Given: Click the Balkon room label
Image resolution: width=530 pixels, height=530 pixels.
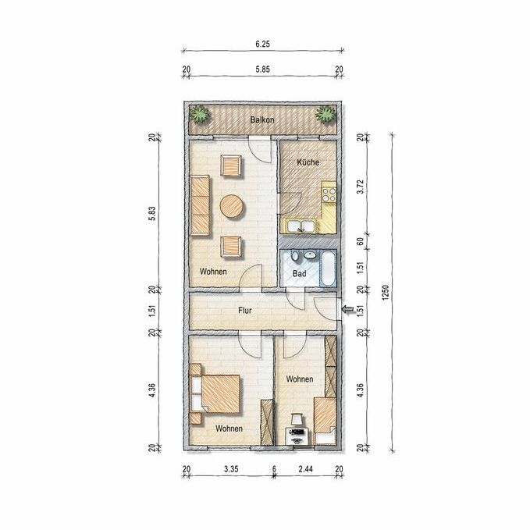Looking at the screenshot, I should point(261,120).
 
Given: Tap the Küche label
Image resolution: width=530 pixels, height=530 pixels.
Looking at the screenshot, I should point(307,162).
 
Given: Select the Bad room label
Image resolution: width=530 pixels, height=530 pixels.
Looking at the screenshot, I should point(299,274).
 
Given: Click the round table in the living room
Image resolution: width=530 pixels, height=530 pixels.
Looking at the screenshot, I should point(232,207).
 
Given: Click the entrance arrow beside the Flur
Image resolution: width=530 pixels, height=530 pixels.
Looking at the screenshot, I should point(347,311).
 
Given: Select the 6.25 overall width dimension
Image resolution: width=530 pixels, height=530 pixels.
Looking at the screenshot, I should point(262,44).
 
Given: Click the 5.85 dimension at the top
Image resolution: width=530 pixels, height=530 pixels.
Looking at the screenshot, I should point(262,69).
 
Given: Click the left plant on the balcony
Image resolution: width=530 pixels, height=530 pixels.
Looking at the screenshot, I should point(201,117).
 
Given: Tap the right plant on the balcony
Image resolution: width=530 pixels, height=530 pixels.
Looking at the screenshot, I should point(325,117).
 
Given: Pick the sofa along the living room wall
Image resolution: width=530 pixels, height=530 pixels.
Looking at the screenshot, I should point(200,205).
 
